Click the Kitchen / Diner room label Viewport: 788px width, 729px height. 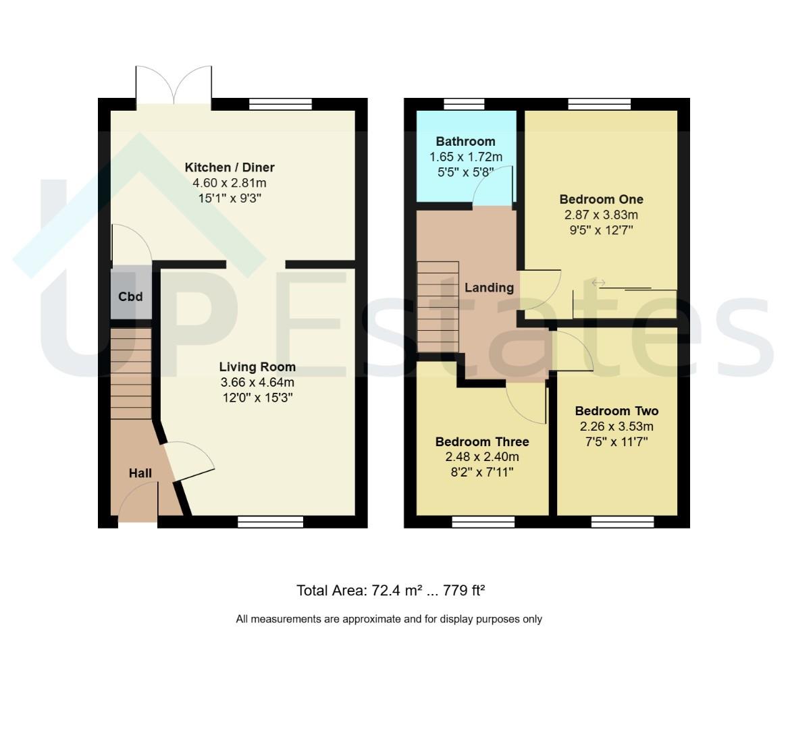click(x=230, y=167)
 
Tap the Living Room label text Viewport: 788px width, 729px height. click(x=257, y=367)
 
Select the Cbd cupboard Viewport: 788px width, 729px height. click(x=131, y=296)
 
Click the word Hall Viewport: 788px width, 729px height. click(x=140, y=473)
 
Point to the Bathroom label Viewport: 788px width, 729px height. click(x=465, y=142)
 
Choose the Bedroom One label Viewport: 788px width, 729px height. click(x=601, y=199)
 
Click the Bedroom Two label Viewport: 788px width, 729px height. click(x=616, y=411)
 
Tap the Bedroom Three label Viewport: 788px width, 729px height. click(x=482, y=441)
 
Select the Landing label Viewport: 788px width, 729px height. click(x=489, y=288)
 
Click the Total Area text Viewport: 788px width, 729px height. click(x=390, y=591)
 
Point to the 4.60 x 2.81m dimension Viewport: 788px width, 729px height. click(x=230, y=183)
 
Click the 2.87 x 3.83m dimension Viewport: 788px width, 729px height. click(x=601, y=215)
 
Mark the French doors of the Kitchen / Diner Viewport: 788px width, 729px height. click(x=174, y=86)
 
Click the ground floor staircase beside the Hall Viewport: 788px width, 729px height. click(x=131, y=374)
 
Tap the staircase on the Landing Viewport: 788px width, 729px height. click(x=438, y=306)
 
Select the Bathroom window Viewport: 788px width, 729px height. click(x=464, y=104)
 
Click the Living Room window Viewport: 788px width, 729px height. click(x=270, y=522)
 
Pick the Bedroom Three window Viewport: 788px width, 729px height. click(x=483, y=522)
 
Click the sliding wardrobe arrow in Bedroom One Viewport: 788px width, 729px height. click(x=598, y=283)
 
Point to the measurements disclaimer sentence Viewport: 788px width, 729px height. click(x=389, y=619)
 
